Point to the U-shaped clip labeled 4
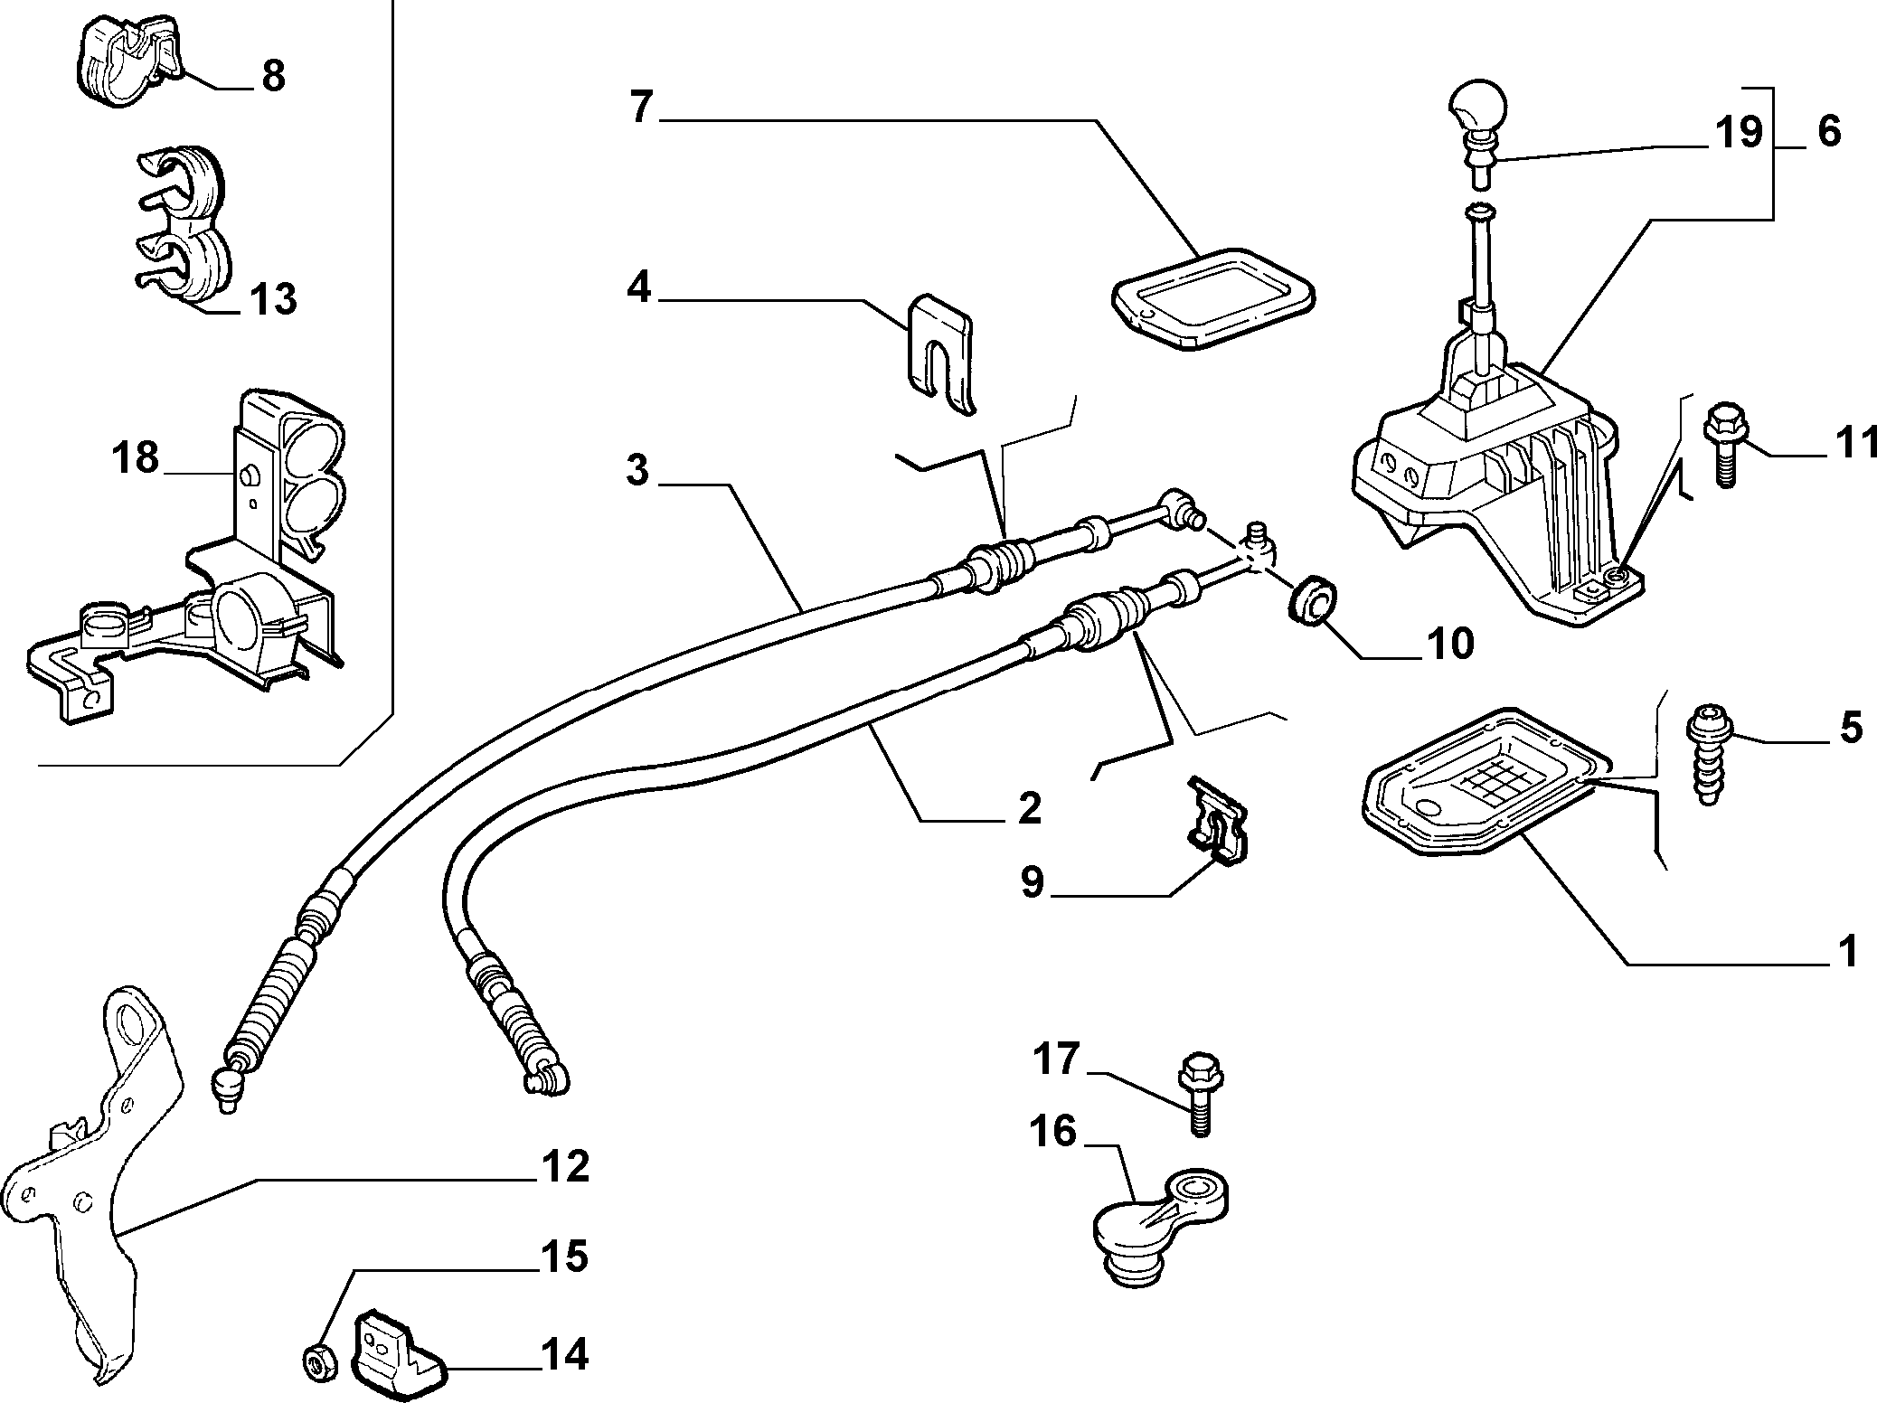coord(939,354)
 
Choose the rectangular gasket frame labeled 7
coord(1212,298)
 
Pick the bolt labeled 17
coord(1200,1092)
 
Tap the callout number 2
coord(1029,807)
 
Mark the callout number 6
coord(1828,132)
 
